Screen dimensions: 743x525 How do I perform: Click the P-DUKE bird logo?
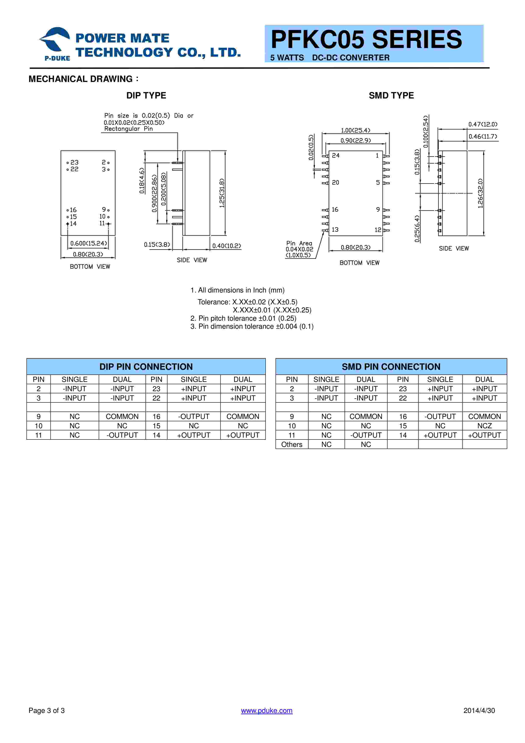(x=55, y=40)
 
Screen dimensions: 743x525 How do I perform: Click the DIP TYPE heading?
(x=146, y=96)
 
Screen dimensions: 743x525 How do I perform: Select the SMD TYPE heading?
(x=391, y=96)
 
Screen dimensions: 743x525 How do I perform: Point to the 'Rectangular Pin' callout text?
(x=128, y=129)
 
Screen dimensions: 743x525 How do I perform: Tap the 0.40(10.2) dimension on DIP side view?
(x=226, y=246)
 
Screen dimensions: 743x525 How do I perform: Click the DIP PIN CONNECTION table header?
(x=146, y=367)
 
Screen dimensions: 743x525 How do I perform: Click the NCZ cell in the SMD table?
(x=484, y=426)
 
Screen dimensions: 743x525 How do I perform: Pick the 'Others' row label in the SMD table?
(x=291, y=445)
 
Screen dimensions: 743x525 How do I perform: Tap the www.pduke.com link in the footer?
(x=267, y=711)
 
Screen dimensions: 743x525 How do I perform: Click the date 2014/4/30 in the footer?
(x=479, y=711)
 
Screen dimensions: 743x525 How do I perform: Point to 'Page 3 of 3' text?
(x=47, y=711)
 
